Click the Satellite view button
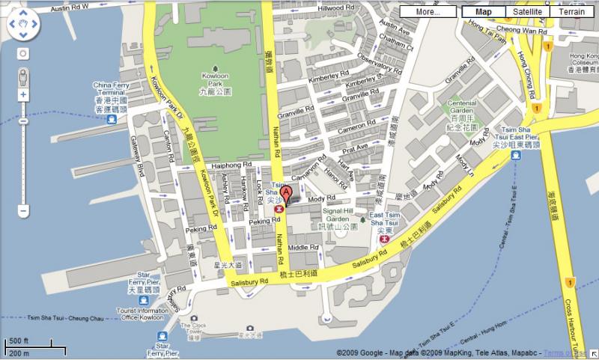(x=529, y=11)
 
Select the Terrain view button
(x=571, y=11)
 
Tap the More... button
(x=428, y=11)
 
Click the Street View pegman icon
(x=23, y=76)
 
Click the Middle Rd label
(x=304, y=248)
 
